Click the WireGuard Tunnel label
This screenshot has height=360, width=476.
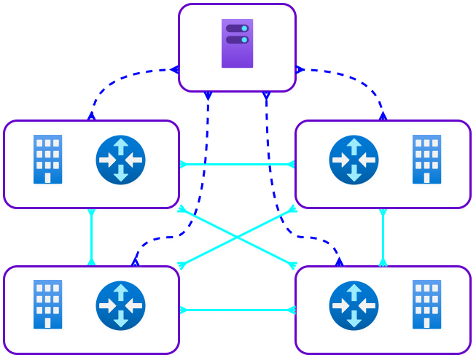point(237,310)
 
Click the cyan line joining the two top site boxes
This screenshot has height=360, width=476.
point(237,163)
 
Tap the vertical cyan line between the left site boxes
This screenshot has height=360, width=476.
point(91,237)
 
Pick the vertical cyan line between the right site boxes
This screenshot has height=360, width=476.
point(383,237)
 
